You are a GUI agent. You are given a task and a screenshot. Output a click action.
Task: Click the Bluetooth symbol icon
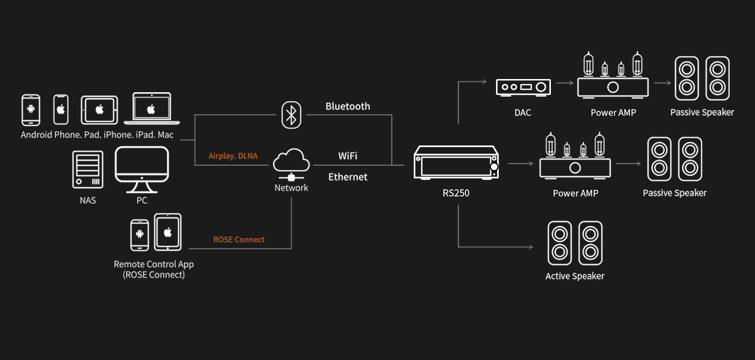tap(291, 115)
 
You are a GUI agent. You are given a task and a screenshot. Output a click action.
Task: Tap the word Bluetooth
tap(348, 106)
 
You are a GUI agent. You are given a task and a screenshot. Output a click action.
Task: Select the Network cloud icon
tap(291, 162)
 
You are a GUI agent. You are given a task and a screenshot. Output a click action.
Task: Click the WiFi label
tap(348, 156)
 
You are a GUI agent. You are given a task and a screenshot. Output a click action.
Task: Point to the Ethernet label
tap(348, 177)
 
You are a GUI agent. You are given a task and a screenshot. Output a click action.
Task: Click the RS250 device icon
tap(456, 162)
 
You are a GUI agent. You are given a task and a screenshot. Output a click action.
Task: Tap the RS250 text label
tap(456, 193)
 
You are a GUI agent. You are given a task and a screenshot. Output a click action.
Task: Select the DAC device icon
tap(523, 87)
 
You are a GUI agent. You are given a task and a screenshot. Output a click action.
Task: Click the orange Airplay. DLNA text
tap(233, 156)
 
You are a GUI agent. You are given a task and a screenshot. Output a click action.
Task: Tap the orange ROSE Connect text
tap(239, 240)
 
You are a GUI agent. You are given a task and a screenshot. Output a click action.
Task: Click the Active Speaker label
tap(574, 276)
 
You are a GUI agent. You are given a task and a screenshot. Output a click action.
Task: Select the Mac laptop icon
tap(152, 109)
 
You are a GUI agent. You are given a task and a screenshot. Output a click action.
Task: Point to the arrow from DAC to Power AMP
tap(564, 83)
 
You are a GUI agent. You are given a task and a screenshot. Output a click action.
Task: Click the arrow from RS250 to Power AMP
tap(521, 164)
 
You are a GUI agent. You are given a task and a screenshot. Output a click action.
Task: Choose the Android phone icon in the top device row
tap(31, 110)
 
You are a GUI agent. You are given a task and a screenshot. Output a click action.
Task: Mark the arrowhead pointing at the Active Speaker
tap(530, 247)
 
